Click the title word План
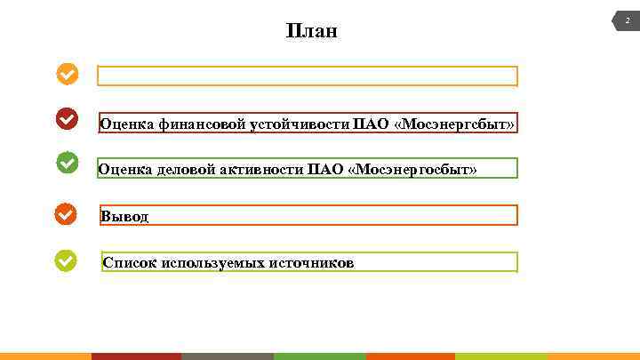pyautogui.click(x=312, y=32)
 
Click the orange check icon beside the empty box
pyautogui.click(x=67, y=74)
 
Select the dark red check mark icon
pyautogui.click(x=67, y=118)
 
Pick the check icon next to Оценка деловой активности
pyautogui.click(x=67, y=163)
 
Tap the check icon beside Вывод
pyautogui.click(x=67, y=213)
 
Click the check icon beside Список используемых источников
pyautogui.click(x=67, y=260)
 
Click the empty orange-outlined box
pyautogui.click(x=307, y=76)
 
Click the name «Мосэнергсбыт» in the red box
pyautogui.click(x=454, y=124)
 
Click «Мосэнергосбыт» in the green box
pyautogui.click(x=414, y=169)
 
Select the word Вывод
pyautogui.click(x=124, y=216)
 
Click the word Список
pyautogui.click(x=130, y=263)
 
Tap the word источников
pyautogui.click(x=310, y=263)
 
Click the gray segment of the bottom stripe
pyautogui.click(x=227, y=356)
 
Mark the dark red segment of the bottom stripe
pyautogui.click(x=136, y=356)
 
